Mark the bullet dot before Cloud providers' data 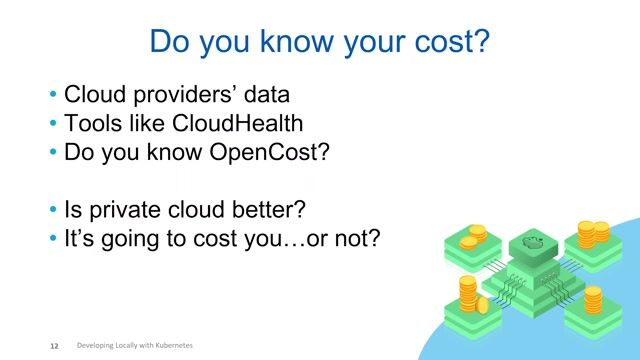[53, 96]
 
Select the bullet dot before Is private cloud [53, 212]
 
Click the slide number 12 [55, 346]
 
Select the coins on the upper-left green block [472, 236]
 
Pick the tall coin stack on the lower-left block [467, 294]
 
